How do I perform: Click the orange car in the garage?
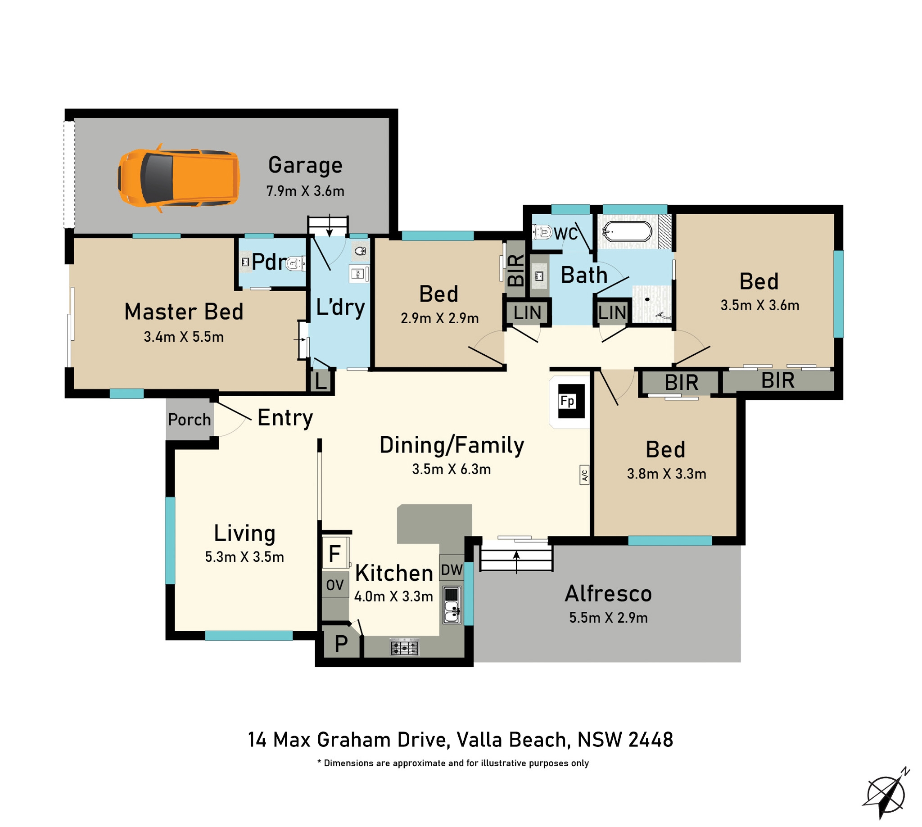pos(179,178)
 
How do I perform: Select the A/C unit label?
pos(584,475)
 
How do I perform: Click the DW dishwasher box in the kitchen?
pos(452,569)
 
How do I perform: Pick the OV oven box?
pos(335,585)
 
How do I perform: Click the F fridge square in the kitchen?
pos(335,553)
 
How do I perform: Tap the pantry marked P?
pos(341,643)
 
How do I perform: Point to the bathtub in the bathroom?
pos(628,232)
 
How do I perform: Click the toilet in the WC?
pos(542,232)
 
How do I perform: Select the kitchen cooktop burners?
pos(404,646)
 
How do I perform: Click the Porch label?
pos(190,420)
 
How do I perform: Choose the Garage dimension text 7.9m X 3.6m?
pos(305,191)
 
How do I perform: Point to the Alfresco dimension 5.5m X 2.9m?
pos(609,618)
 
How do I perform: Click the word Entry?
pos(285,418)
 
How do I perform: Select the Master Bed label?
pos(184,312)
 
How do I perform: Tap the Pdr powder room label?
pos(269,262)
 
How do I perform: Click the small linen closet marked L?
pos(321,381)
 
